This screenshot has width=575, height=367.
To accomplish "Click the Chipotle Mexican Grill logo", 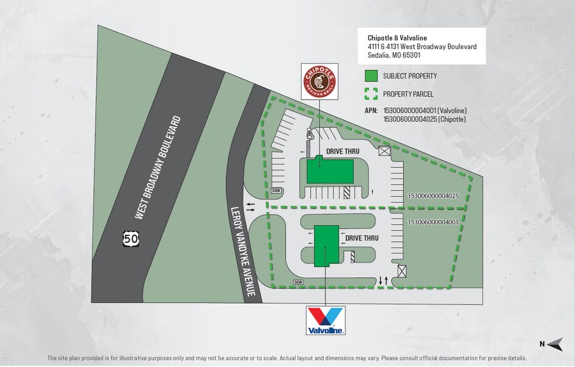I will (x=319, y=81).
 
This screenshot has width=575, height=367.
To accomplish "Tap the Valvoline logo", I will (x=325, y=320).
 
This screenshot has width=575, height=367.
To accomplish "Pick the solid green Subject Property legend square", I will (x=371, y=77).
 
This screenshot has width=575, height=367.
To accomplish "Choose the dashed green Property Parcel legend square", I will (x=371, y=94).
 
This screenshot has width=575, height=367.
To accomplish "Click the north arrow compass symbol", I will (x=552, y=343).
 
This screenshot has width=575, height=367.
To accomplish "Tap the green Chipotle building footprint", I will (x=330, y=171).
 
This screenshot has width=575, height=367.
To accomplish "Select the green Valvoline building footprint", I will (x=326, y=246).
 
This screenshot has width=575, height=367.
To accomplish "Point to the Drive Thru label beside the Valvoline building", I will (x=362, y=238).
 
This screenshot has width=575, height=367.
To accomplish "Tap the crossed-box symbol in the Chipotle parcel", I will (x=383, y=151).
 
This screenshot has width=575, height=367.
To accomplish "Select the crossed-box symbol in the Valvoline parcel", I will (x=402, y=271).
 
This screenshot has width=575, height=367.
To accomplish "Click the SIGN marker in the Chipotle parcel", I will (x=277, y=190).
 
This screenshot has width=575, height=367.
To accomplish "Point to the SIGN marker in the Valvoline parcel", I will (x=298, y=281).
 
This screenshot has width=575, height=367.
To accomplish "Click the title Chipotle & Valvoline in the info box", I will (x=391, y=37).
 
